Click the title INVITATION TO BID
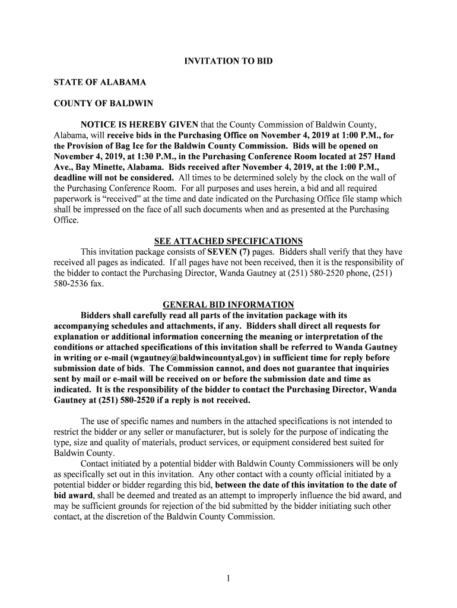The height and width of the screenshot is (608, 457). [x=228, y=61]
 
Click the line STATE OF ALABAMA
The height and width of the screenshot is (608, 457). [x=100, y=82]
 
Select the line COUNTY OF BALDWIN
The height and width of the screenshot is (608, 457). [x=103, y=103]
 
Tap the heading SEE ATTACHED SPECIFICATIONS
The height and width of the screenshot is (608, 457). [x=228, y=241]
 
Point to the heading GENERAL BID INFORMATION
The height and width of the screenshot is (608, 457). [x=228, y=305]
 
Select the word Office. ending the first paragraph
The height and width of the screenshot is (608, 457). [x=66, y=220]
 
